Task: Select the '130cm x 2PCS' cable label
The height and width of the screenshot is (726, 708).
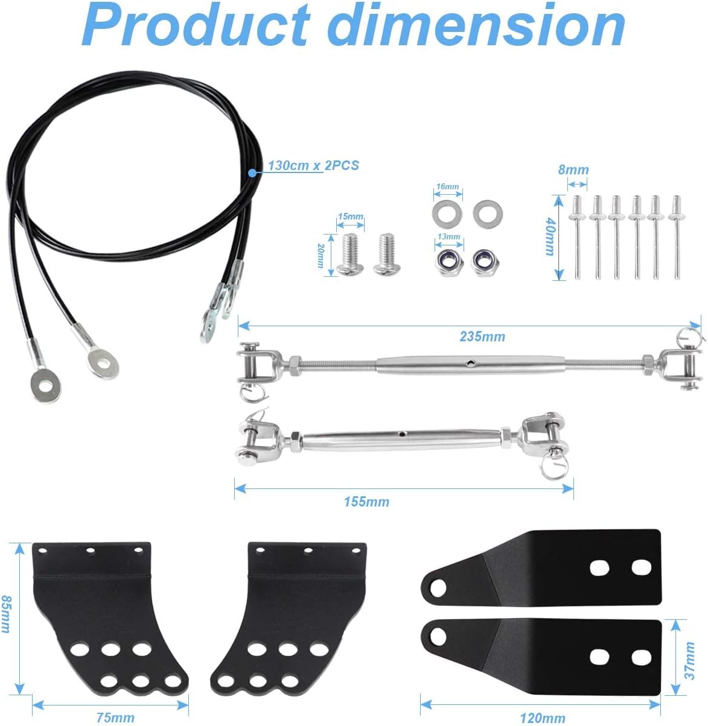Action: [313, 165]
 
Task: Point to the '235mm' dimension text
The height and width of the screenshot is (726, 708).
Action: [482, 336]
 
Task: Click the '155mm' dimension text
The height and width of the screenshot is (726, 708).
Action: [366, 502]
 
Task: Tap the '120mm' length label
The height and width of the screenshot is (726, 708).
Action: [543, 718]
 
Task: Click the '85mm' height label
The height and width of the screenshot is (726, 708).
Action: [7, 614]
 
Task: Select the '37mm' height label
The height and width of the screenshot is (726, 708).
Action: [690, 661]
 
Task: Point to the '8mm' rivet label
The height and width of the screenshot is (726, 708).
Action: [573, 169]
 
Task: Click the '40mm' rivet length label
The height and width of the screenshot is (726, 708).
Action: [549, 236]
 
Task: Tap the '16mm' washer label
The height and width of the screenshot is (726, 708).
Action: [447, 187]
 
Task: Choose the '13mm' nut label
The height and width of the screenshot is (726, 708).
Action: [448, 237]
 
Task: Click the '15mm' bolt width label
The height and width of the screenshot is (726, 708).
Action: [351, 216]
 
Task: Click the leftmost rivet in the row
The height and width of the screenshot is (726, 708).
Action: [578, 238]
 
